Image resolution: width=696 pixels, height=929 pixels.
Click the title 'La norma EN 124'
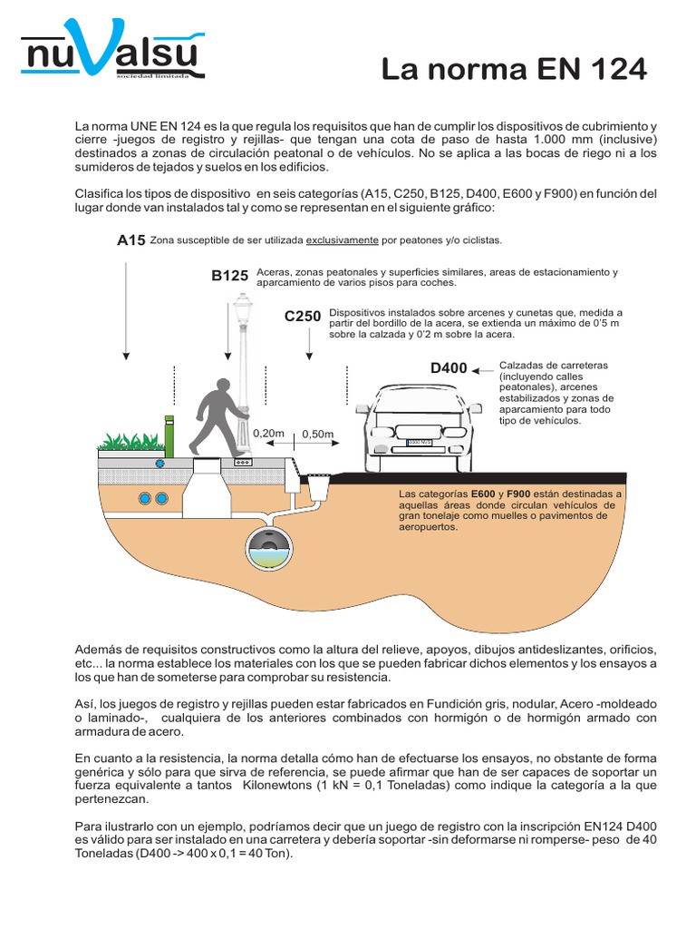[513, 70]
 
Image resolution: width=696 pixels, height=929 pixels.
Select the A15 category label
[131, 240]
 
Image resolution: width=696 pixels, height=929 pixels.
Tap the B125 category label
[230, 276]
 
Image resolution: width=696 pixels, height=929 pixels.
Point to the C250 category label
[303, 316]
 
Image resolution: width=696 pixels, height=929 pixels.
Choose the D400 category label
[449, 367]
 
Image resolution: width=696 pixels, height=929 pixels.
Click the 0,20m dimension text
[268, 433]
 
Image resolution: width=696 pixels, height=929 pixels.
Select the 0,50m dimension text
[317, 433]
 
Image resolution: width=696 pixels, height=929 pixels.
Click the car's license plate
[419, 442]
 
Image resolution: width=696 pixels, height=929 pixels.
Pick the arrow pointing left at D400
[482, 368]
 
